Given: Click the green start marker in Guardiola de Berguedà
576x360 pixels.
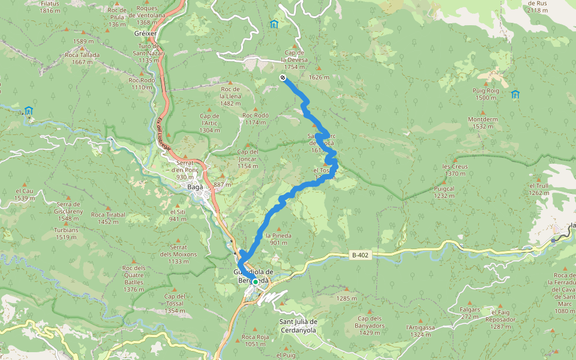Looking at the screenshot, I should [255, 281].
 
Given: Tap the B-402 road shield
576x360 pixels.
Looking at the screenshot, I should [360, 255].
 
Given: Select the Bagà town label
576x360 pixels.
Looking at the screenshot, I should [196, 187].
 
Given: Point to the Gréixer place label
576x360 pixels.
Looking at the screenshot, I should [145, 34].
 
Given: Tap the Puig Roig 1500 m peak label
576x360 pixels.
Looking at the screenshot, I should [486, 94].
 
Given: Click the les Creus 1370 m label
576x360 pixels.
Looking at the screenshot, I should [454, 170].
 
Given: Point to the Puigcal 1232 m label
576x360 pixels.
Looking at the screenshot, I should [444, 191].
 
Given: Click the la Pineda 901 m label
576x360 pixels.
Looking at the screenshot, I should [278, 239].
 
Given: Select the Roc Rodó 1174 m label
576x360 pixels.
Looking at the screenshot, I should [255, 118].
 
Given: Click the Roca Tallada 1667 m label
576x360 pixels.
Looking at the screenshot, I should [82, 58].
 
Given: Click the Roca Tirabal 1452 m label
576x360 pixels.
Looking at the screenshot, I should [108, 218].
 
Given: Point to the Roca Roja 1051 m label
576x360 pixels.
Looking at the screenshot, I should [254, 340].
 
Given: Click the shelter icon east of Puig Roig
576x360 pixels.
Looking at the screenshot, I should [515, 94].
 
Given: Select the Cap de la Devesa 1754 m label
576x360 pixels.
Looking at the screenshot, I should [294, 63].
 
